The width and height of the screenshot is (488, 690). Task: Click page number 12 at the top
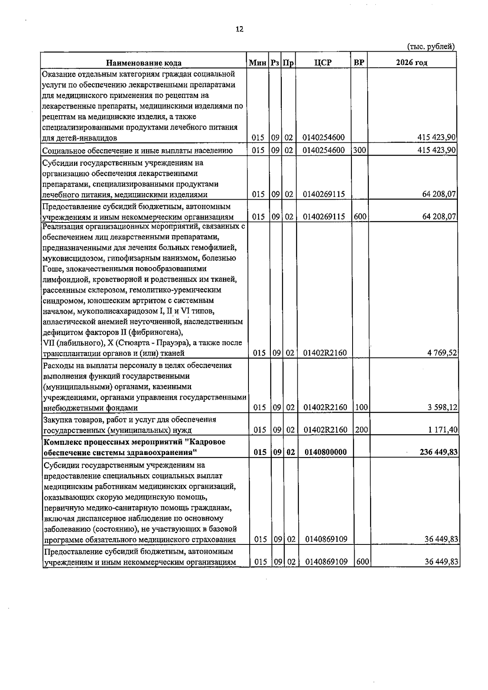coord(240,29)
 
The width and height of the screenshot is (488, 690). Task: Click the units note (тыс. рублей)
coord(431,47)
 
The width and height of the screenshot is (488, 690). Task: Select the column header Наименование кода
coord(144,63)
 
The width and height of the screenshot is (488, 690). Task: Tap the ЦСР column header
coord(323,62)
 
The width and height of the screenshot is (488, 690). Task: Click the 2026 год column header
coord(412,62)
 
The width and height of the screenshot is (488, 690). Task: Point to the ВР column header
coord(359,62)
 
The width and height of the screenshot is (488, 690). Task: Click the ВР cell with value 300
coord(359,150)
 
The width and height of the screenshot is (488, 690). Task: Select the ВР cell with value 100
coord(360,407)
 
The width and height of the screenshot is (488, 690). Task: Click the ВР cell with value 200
coord(360,430)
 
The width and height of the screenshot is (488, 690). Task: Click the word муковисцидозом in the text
coord(68,258)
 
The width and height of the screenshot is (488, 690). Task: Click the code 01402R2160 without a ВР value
coord(325,353)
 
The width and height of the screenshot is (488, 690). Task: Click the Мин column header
coord(257,62)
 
